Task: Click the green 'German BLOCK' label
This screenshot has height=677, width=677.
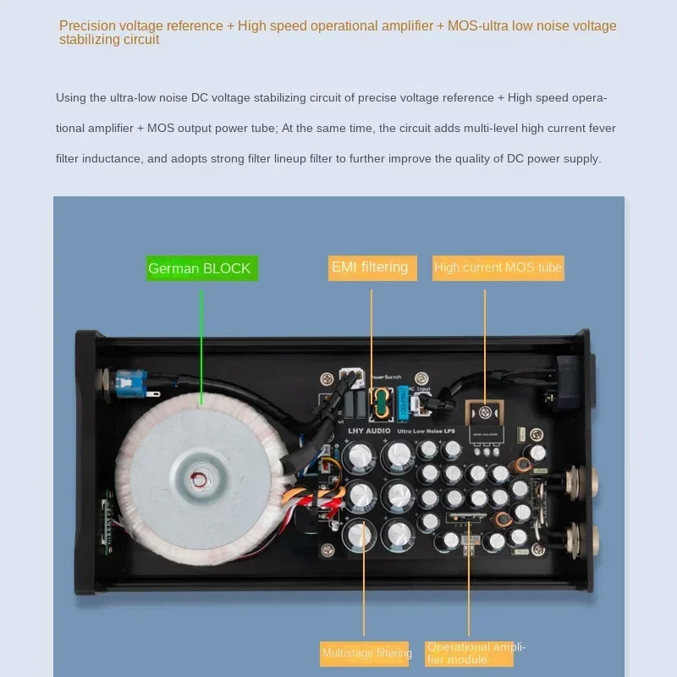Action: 201,268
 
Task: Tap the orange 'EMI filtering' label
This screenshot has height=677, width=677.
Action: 370,267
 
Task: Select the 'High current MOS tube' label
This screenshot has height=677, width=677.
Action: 498,267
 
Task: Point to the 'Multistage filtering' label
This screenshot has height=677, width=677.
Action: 366,652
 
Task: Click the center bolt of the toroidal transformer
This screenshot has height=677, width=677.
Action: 200,478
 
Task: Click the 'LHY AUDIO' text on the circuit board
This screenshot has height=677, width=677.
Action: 370,431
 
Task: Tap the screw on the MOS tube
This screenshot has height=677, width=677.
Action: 485,412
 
